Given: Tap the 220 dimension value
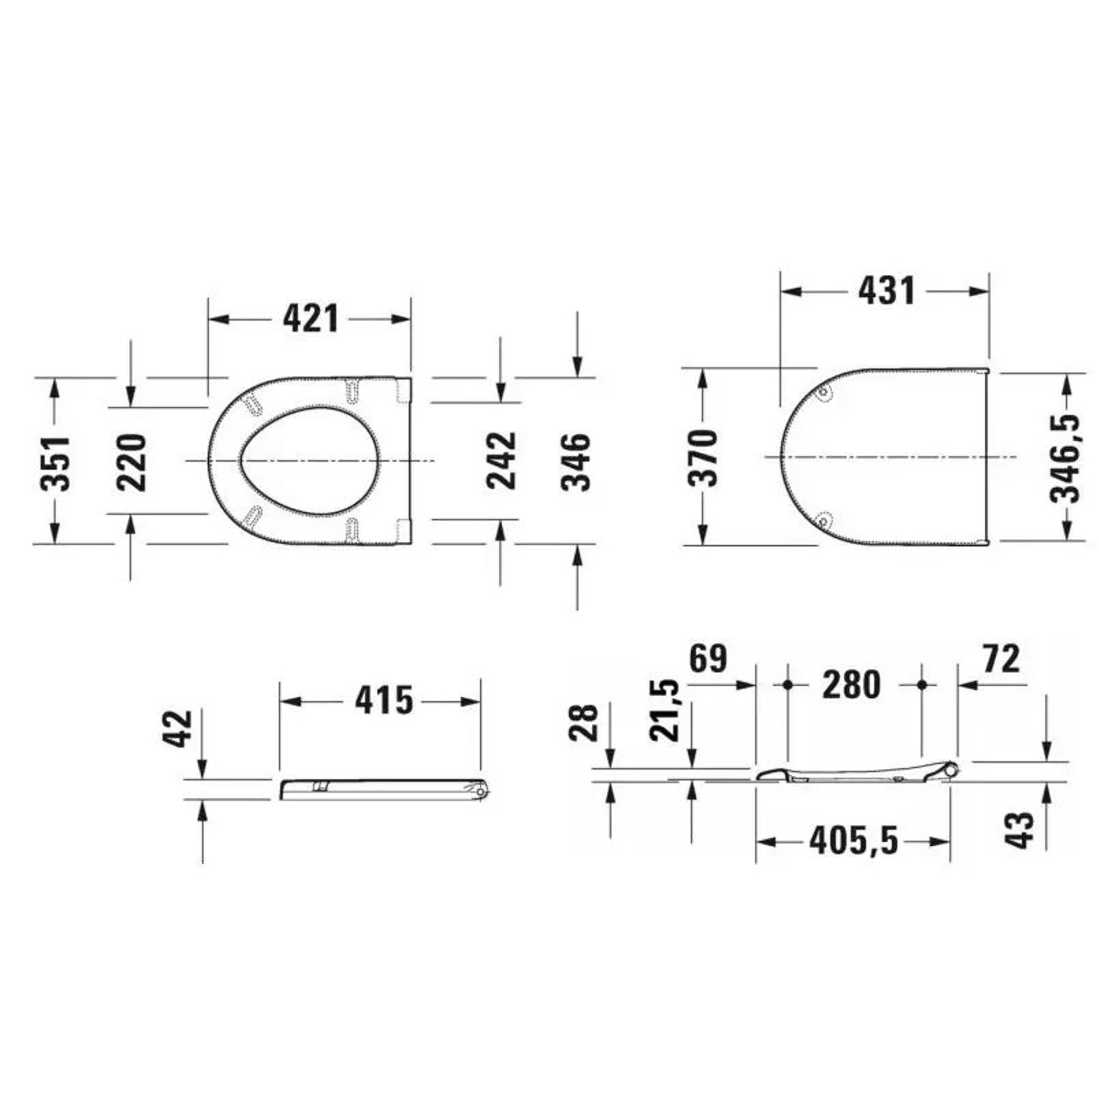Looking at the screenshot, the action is point(131,462).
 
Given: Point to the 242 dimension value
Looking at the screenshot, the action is point(501,461).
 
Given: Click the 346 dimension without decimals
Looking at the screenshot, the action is point(576,462).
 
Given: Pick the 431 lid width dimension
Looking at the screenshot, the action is point(887,291).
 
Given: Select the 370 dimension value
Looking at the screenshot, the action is point(703,458).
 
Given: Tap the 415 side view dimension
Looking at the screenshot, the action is point(384,700).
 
